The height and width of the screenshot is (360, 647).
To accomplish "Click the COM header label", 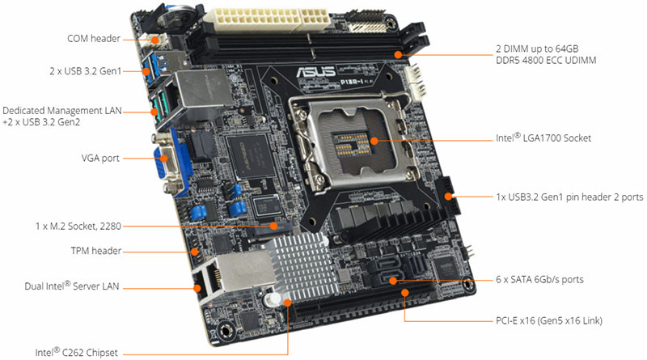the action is coord(94,38).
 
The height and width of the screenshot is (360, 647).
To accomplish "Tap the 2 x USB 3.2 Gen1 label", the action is coord(86,71).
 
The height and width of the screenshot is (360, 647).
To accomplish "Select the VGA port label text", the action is coord(100,158).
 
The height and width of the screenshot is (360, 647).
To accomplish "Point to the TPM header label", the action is coord(96,251).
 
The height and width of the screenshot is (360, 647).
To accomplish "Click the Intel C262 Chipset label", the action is coord(76,352).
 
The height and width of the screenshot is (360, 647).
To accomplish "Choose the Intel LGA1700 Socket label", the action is coord(543,138).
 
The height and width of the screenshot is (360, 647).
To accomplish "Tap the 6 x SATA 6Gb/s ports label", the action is coord(539,279).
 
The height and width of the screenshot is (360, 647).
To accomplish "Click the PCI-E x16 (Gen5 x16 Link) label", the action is coord(549,320).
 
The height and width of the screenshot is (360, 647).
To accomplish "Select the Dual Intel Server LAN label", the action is coord(72,286).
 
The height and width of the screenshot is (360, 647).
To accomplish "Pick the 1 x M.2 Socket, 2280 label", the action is coord(78,227).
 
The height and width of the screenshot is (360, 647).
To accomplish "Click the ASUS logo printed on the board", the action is coord(315,71).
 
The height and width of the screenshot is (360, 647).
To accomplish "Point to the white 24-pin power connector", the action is coord(270,19).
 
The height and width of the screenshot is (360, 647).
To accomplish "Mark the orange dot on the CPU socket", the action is coord(374,141).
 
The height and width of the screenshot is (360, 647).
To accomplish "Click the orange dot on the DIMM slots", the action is coord(398,54).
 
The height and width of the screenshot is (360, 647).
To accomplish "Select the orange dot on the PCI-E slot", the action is coord(405,293).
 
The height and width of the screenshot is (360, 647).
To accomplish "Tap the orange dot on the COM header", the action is coord(154,40).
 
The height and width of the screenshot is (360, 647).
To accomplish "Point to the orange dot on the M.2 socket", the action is coord(273,226).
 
